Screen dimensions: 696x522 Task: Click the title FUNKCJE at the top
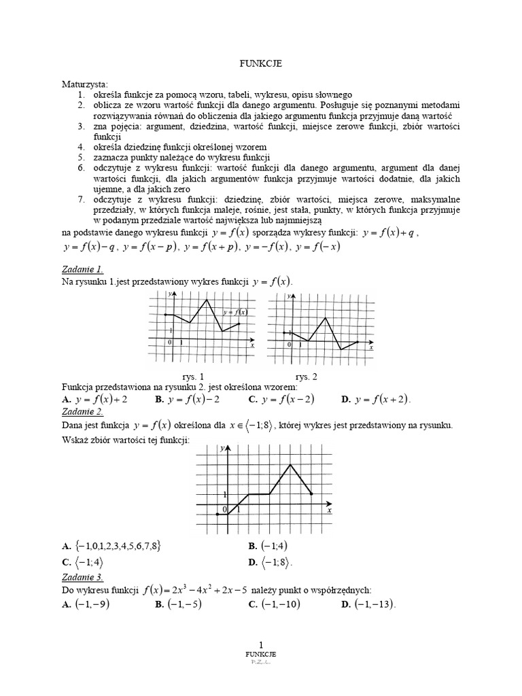click(x=261, y=63)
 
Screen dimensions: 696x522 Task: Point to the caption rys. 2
click(x=306, y=376)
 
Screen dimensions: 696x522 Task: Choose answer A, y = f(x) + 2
click(x=95, y=400)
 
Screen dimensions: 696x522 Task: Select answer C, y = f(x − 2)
click(x=281, y=400)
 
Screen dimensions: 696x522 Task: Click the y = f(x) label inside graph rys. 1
click(x=235, y=312)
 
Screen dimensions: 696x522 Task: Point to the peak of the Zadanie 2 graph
click(x=291, y=464)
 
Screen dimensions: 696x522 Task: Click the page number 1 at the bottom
click(x=261, y=644)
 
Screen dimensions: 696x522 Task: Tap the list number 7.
click(x=80, y=199)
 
